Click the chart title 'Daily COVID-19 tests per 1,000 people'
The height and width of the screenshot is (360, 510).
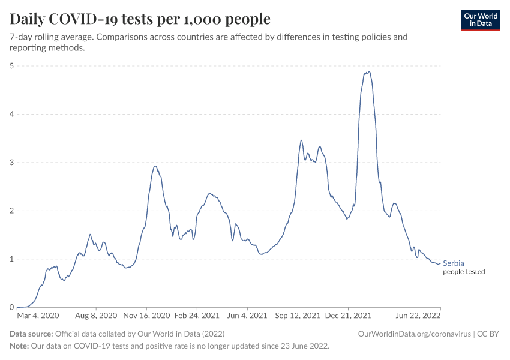click(140, 19)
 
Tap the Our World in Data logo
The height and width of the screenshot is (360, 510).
click(480, 20)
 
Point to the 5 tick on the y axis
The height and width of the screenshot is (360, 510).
click(13, 65)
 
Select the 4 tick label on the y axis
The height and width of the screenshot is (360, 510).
click(13, 114)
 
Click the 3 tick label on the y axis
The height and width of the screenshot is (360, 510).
click(13, 163)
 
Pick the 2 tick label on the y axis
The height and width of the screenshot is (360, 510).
click(13, 211)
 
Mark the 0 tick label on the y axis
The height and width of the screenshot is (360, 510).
click(13, 307)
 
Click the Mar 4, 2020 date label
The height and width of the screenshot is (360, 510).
click(38, 315)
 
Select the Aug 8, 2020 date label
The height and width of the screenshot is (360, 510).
click(95, 315)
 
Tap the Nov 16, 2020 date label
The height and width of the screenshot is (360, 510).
click(148, 315)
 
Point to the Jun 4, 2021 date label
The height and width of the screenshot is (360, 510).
click(248, 315)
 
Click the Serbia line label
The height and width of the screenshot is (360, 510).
click(454, 263)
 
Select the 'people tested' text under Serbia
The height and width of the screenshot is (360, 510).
click(464, 272)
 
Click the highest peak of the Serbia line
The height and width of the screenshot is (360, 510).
click(369, 72)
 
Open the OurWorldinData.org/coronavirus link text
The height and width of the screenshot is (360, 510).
click(413, 334)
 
